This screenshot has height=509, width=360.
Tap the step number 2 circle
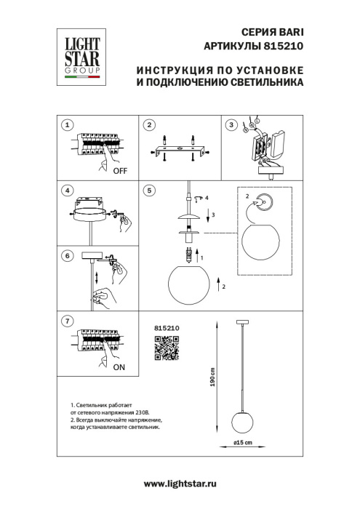click(149, 125)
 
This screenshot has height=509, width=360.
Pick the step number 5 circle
click(149, 191)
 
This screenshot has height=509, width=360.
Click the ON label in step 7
click(119, 368)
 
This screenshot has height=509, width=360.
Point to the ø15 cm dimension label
click(242, 442)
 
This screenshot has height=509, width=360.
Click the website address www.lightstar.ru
click(180, 484)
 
